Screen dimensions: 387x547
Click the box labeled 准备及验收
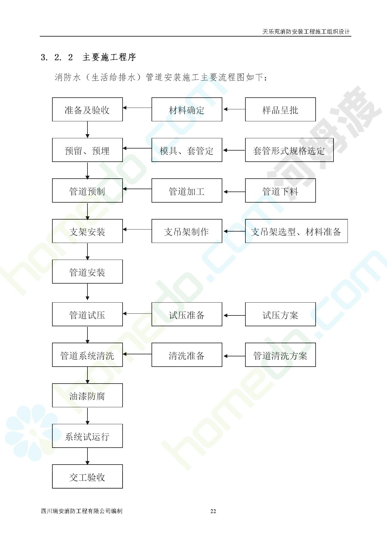pyautogui.click(x=87, y=109)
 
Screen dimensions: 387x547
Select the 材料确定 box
pyautogui.click(x=187, y=109)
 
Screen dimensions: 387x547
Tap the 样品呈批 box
pyautogui.click(x=280, y=109)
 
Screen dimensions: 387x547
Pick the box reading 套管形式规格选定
pyautogui.click(x=289, y=150)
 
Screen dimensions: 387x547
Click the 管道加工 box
pyautogui.click(x=187, y=190)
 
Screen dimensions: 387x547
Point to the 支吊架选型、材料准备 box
pyautogui.click(x=296, y=231)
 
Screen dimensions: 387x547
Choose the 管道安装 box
pyautogui.click(x=87, y=271)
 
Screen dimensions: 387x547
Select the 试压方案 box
pyautogui.click(x=280, y=314)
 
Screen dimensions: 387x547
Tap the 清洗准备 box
pyautogui.click(x=187, y=355)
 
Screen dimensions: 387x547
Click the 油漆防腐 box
pyautogui.click(x=87, y=395)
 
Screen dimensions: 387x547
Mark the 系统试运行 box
pyautogui.click(x=87, y=436)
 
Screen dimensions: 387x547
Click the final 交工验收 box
pyautogui.click(x=87, y=476)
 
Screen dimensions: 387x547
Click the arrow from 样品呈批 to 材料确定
pyautogui.click(x=234, y=109)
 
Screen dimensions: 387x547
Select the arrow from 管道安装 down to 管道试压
pyautogui.click(x=87, y=292)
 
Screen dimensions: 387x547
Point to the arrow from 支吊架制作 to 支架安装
pyautogui.click(x=137, y=230)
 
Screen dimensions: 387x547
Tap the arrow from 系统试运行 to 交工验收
pyautogui.click(x=87, y=456)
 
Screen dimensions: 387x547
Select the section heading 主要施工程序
pyautogui.click(x=109, y=57)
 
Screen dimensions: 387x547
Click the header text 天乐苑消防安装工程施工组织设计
pyautogui.click(x=306, y=32)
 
